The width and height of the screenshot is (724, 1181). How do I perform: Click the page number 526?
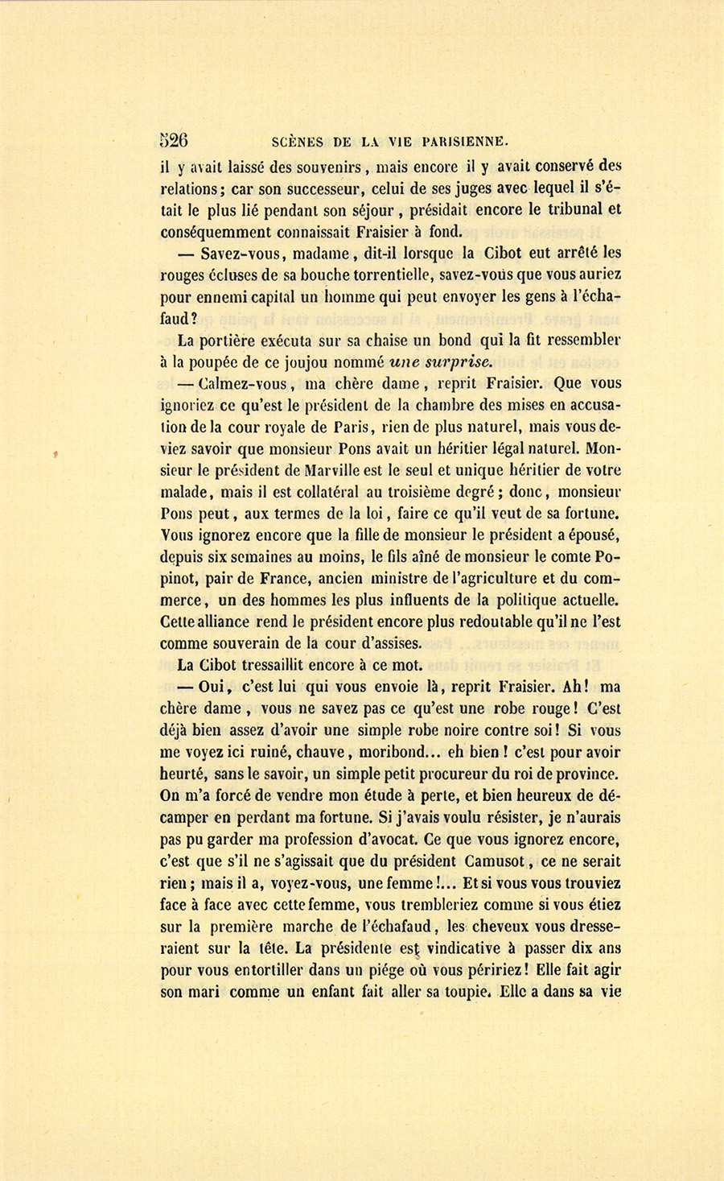pyautogui.click(x=174, y=141)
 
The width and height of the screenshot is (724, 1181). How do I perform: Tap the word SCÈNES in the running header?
pyautogui.click(x=298, y=142)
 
